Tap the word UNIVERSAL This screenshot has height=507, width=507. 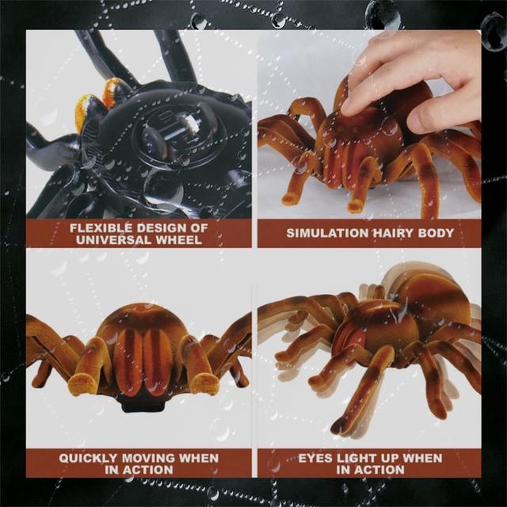point(105,239)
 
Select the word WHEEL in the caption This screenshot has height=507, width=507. point(177,239)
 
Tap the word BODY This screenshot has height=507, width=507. point(438,233)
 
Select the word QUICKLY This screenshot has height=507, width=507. point(90,458)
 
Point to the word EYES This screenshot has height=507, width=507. point(316,458)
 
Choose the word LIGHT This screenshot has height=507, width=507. point(359,458)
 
